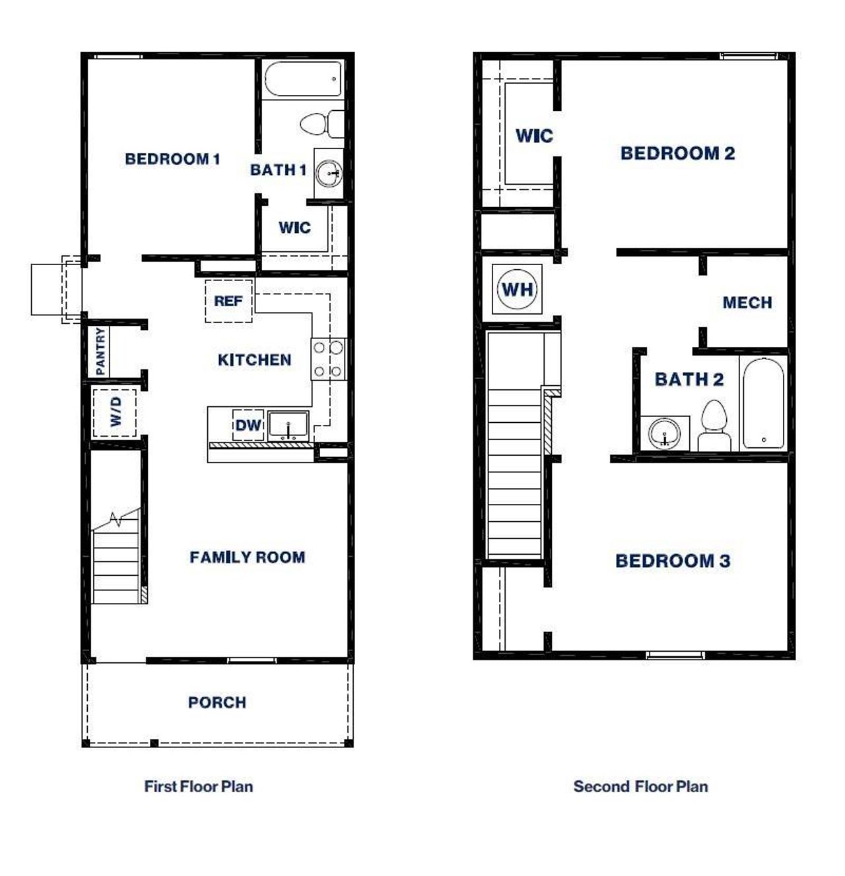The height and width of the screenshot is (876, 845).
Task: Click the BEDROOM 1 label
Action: (172, 159)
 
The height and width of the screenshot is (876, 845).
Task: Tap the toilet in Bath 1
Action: (320, 123)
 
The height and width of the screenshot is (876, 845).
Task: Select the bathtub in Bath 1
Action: (304, 79)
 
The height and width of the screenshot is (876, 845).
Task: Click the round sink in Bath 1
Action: (328, 173)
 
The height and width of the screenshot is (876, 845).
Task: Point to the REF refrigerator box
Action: (228, 301)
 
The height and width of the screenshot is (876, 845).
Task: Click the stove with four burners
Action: (328, 359)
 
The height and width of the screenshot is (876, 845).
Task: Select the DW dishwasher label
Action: (248, 425)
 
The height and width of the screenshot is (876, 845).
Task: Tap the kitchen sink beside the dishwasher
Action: (288, 426)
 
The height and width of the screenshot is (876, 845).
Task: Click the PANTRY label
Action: (100, 351)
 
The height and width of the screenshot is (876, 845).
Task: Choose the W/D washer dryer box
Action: (115, 412)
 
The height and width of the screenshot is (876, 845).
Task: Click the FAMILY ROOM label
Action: (248, 557)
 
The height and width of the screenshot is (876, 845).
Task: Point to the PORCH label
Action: (217, 703)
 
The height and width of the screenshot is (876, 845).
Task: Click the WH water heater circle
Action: (518, 289)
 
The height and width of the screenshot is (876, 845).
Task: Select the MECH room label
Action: (747, 303)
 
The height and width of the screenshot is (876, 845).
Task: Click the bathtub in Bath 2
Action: (763, 403)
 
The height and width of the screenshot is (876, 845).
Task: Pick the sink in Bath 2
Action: (664, 434)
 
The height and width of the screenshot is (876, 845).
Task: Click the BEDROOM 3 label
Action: (673, 561)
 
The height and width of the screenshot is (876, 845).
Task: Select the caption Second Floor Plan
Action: (640, 786)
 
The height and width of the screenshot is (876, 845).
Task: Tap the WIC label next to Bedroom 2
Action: (534, 136)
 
